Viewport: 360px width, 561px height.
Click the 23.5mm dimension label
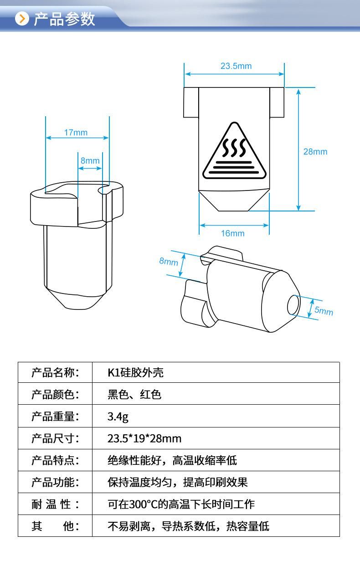236,66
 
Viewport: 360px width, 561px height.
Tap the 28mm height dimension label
315,152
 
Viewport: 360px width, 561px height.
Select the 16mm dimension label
233,233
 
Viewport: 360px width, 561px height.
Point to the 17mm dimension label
76,133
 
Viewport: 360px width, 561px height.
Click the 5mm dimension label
324,311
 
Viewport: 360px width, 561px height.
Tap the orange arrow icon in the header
22,19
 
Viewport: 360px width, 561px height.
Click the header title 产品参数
64,19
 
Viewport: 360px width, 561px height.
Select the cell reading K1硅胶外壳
135,373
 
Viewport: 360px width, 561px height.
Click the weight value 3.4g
118,417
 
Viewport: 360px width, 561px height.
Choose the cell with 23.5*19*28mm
144,438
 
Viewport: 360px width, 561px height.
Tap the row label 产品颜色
55,395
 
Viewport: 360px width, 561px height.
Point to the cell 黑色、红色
134,395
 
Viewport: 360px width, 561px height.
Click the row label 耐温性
55,504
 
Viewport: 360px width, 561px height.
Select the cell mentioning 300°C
181,504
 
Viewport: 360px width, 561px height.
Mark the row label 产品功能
55,482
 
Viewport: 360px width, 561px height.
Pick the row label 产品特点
55,460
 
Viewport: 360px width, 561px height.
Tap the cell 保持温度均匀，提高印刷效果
178,482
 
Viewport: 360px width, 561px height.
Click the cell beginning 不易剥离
188,526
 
